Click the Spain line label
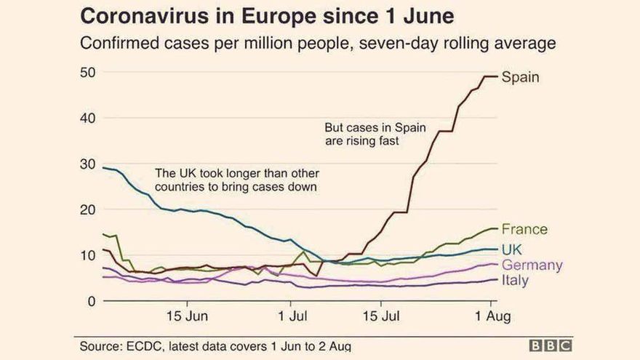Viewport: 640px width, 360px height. coord(521,77)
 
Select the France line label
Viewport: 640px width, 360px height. coord(524,229)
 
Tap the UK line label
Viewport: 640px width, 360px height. coord(513,249)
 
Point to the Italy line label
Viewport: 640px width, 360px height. coord(515,280)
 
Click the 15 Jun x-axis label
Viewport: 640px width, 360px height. coord(188,317)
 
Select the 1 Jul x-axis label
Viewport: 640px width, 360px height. coord(292,317)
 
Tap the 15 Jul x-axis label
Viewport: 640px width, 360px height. coord(381,317)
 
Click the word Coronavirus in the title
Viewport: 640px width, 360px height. coord(145,17)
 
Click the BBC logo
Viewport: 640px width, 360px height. coord(550,346)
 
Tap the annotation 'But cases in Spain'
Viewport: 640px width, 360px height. coord(375,128)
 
